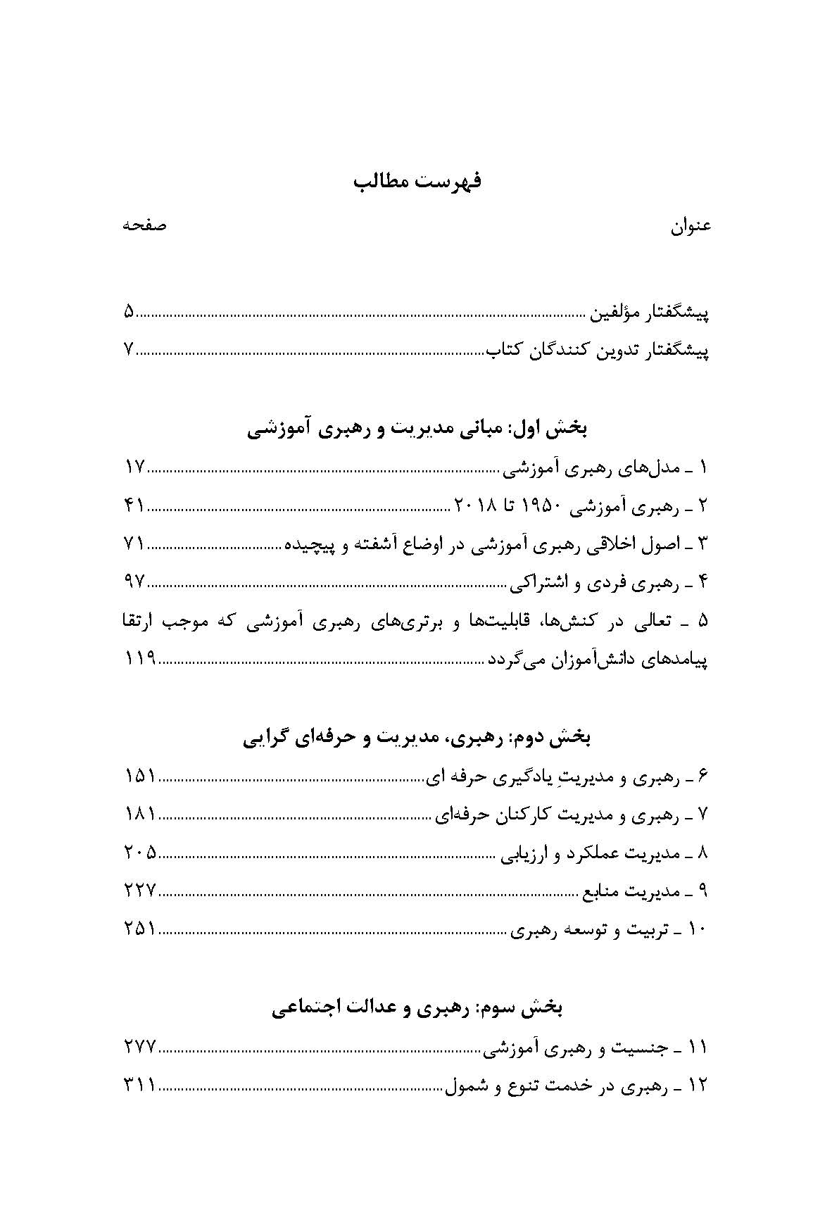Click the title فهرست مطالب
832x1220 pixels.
417,182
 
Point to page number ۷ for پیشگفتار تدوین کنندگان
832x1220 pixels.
128,350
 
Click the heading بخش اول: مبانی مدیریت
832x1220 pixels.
418,429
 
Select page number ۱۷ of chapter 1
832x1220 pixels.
134,467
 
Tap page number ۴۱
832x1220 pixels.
134,505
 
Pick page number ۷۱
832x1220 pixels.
134,544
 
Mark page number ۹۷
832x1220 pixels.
134,582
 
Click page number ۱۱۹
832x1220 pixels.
139,660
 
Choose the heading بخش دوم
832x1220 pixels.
418,738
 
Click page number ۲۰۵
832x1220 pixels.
139,853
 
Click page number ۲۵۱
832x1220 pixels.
139,930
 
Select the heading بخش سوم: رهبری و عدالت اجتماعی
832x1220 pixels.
417,1008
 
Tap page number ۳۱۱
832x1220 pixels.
139,1086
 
